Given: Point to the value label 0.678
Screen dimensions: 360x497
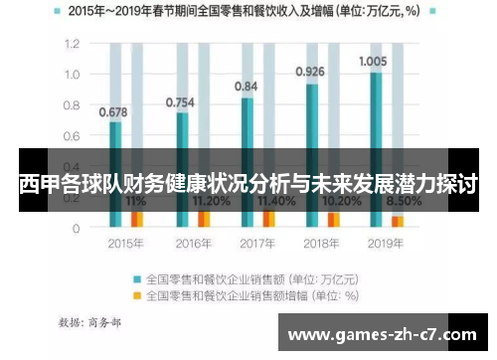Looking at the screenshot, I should tap(112, 111).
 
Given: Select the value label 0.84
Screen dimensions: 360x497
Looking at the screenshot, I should tap(246, 87).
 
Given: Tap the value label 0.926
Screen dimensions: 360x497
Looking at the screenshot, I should tap(310, 72).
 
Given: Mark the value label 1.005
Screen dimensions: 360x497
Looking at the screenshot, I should tap(374, 61).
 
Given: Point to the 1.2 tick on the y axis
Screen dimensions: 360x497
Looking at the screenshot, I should tap(72, 45).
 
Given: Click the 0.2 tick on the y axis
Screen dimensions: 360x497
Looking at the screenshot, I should tap(72, 197).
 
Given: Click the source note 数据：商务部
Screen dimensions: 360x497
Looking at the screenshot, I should tap(92, 323).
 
